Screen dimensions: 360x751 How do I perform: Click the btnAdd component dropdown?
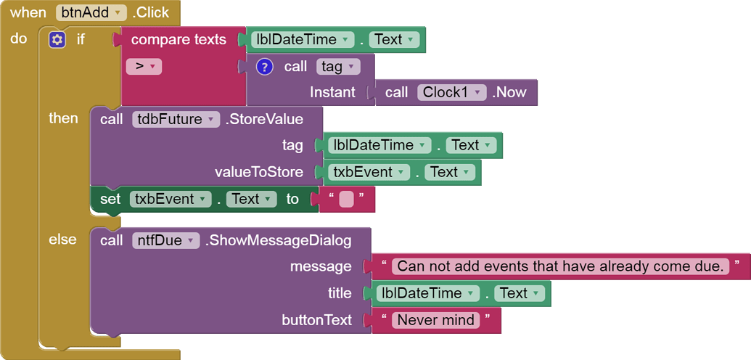[91, 12]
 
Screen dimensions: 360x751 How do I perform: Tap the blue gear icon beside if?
[57, 39]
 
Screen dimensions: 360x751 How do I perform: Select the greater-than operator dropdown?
[144, 67]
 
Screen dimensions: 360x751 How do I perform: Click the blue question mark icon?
[265, 67]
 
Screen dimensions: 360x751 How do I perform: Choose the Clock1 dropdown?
[451, 92]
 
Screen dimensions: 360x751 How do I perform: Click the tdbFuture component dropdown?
[176, 119]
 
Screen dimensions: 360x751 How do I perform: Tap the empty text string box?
[346, 199]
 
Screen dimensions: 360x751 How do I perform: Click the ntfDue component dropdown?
[165, 240]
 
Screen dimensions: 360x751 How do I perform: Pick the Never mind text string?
[436, 320]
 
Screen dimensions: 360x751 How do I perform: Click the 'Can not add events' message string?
[560, 266]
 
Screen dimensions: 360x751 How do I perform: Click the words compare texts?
[178, 39]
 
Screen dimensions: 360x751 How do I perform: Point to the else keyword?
[62, 240]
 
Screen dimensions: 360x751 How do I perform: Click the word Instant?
[332, 92]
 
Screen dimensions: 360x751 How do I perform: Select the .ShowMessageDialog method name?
[279, 240]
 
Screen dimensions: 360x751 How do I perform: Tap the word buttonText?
[316, 320]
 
